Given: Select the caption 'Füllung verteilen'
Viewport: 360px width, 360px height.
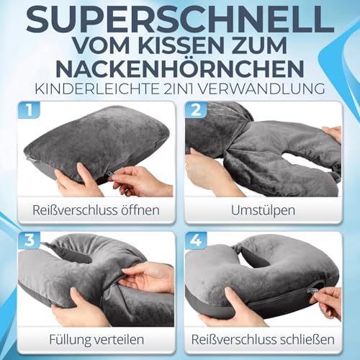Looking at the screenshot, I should [89, 341].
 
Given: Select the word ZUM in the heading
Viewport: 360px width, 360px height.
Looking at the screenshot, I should [279, 48].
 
